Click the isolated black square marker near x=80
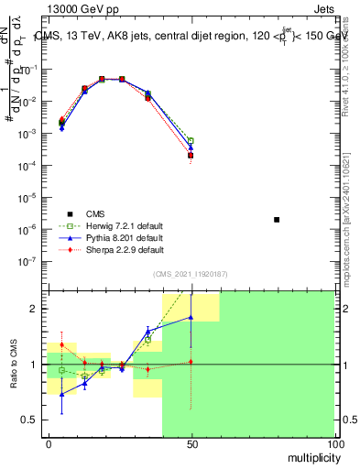click(277, 220)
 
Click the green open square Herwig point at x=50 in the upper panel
click(191, 140)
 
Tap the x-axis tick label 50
click(191, 443)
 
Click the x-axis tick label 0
click(49, 443)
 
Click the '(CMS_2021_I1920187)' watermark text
click(191, 273)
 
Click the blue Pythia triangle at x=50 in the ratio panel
click(191, 317)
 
